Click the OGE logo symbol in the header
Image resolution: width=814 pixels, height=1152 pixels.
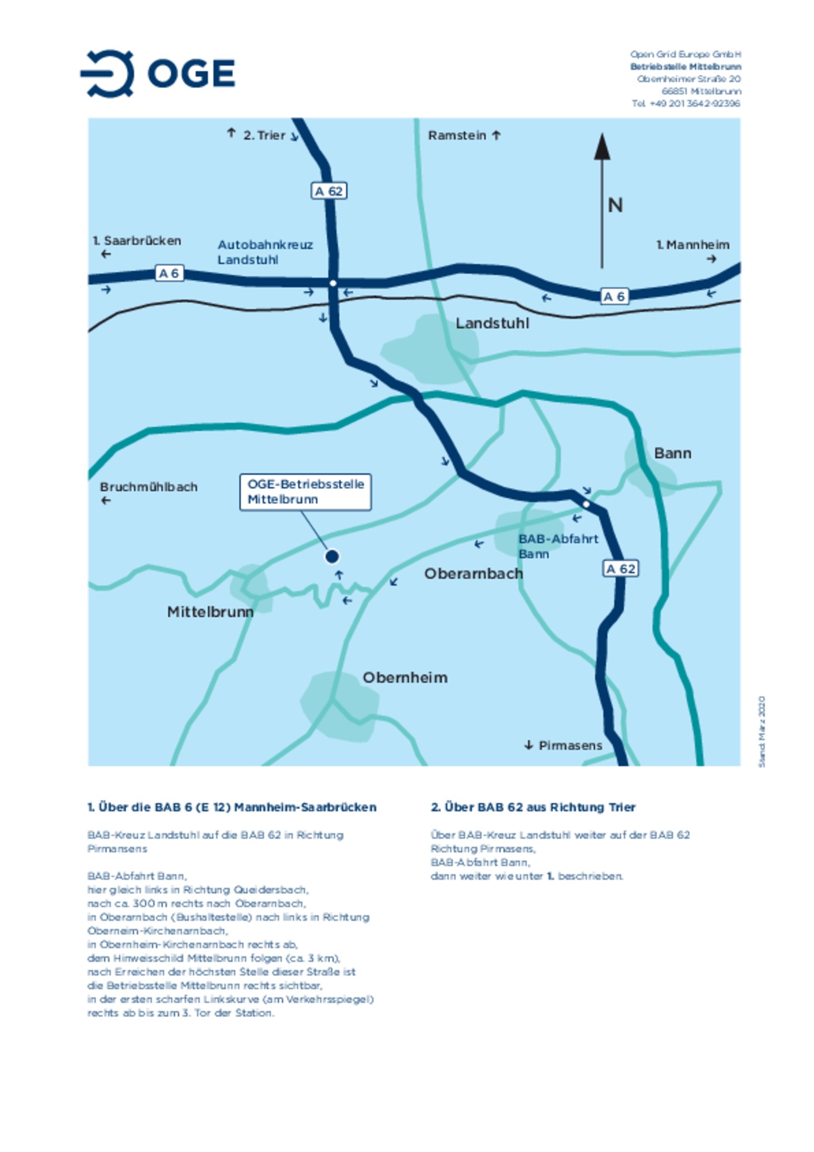[x=108, y=73]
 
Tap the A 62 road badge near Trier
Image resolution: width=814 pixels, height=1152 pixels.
[x=329, y=191]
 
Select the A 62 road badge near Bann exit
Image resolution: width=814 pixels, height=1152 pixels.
[x=620, y=569]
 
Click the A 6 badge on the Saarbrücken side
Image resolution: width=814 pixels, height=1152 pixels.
[x=169, y=274]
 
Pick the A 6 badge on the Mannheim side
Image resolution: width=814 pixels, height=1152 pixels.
[x=614, y=296]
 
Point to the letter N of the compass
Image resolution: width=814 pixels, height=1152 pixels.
[x=615, y=205]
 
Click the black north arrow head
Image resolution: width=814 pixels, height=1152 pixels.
[x=601, y=147]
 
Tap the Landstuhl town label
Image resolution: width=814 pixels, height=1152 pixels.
[x=492, y=323]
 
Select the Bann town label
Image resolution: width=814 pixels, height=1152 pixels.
[x=672, y=453]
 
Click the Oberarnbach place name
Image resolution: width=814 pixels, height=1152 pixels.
[x=473, y=574]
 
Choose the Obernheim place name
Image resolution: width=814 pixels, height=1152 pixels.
[x=405, y=678]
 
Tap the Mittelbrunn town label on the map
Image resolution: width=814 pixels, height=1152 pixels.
[x=210, y=612]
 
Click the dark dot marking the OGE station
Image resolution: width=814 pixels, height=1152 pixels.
[x=332, y=557]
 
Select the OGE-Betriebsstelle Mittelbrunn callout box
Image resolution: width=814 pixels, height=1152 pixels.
[x=305, y=492]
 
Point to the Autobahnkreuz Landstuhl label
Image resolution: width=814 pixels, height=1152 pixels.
[x=265, y=252]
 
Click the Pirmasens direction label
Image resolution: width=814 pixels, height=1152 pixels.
[x=570, y=746]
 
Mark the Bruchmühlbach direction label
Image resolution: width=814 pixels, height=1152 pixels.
[x=149, y=487]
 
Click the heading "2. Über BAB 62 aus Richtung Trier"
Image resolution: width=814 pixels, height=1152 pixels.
[x=532, y=807]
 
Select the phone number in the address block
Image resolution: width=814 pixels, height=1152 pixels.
[x=686, y=103]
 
